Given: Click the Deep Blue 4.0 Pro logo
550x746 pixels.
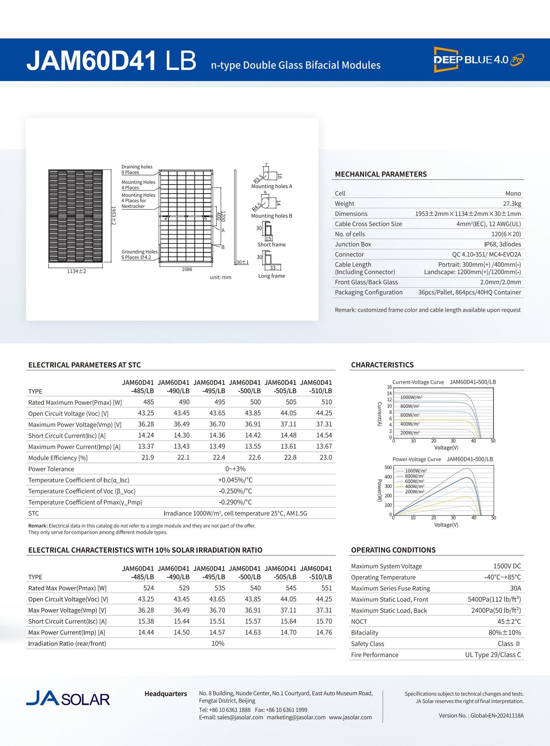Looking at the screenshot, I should point(478,59).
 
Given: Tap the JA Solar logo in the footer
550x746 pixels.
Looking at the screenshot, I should point(68,699).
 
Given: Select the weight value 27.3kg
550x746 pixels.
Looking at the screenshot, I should point(512,204).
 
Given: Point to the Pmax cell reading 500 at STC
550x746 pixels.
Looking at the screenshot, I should point(255,402).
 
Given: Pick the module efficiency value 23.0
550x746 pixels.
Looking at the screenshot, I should point(326,457).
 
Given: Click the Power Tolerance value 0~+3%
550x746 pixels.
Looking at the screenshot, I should point(235,469).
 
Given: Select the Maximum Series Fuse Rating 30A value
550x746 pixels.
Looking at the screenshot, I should point(515,588).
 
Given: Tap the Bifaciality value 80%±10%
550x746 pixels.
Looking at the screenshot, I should point(505,633).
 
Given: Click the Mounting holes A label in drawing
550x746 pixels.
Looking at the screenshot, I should point(271,186).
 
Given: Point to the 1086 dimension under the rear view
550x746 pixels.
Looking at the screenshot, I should point(187,269).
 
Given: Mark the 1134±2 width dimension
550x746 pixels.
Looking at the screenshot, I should point(77,271).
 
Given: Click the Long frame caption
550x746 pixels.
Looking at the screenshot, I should point(271,276).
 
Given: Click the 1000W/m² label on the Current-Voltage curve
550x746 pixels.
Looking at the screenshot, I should point(411,397).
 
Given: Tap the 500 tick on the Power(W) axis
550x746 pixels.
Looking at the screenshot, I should point(388,468).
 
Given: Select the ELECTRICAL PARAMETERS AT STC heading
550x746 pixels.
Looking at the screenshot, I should point(84,365).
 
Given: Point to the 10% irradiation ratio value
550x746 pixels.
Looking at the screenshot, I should point(218,643).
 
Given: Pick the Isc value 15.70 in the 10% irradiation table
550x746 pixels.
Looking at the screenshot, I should point(324,621).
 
